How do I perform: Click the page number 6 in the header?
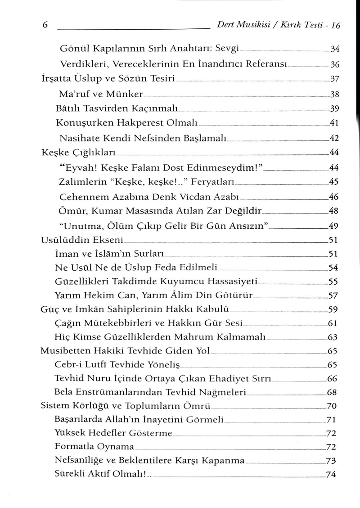coord(45,26)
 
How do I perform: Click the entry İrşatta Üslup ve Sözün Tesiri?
coord(106,78)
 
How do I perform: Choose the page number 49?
coord(334,226)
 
